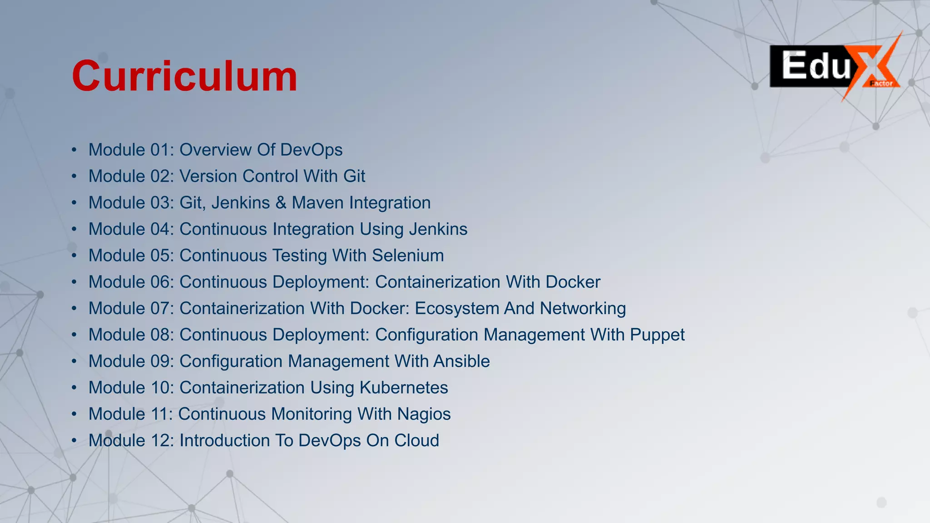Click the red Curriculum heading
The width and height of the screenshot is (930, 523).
184,76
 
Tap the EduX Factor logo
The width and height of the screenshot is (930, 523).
835,67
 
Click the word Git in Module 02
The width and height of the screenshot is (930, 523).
354,176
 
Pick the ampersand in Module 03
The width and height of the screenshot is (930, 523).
281,202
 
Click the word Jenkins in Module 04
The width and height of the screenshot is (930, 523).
438,229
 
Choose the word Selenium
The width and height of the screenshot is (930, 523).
408,256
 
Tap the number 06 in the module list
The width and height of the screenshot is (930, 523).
159,282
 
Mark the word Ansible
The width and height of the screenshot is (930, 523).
461,361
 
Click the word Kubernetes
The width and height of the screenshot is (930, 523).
404,388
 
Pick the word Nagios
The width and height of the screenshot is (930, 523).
424,414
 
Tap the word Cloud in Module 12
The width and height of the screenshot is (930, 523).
416,440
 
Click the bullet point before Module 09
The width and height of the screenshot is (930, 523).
74,361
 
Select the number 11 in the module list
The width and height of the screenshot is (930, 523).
159,414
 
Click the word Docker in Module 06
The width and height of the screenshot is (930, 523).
573,282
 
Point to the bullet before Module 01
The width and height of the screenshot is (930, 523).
74,150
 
